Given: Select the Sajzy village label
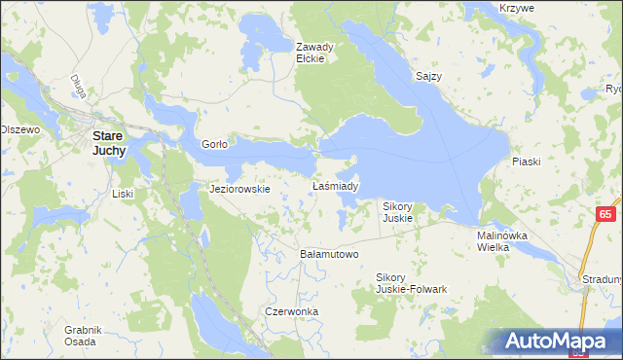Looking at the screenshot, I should pos(429,77).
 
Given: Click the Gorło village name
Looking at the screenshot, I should pos(214,144).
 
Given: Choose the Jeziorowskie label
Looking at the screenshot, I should pos(240,189).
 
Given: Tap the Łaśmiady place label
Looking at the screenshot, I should pos(337,186).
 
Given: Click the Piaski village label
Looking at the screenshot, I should pos(526,163).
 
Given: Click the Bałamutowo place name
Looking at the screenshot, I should pos(329,254).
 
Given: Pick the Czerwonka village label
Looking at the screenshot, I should pos(292,312).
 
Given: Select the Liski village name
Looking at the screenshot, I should pos(123,194).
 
